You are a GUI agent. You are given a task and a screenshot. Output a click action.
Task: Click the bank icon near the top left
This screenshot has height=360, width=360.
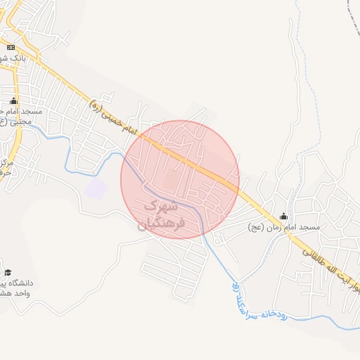(x=11, y=47)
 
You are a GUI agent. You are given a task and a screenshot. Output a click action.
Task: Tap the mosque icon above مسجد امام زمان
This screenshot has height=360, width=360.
(x=283, y=216)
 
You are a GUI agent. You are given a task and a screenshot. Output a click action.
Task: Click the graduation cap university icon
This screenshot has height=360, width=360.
(x=8, y=272)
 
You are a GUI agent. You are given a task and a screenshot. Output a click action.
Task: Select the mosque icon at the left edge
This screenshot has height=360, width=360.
(x=13, y=101)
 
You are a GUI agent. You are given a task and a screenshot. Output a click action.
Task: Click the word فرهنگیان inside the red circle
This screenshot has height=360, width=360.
(x=160, y=224)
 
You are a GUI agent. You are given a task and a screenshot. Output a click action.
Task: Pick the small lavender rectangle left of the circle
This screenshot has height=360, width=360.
(x=96, y=188)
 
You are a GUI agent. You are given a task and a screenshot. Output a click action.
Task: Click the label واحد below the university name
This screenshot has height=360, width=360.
(x=23, y=294)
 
